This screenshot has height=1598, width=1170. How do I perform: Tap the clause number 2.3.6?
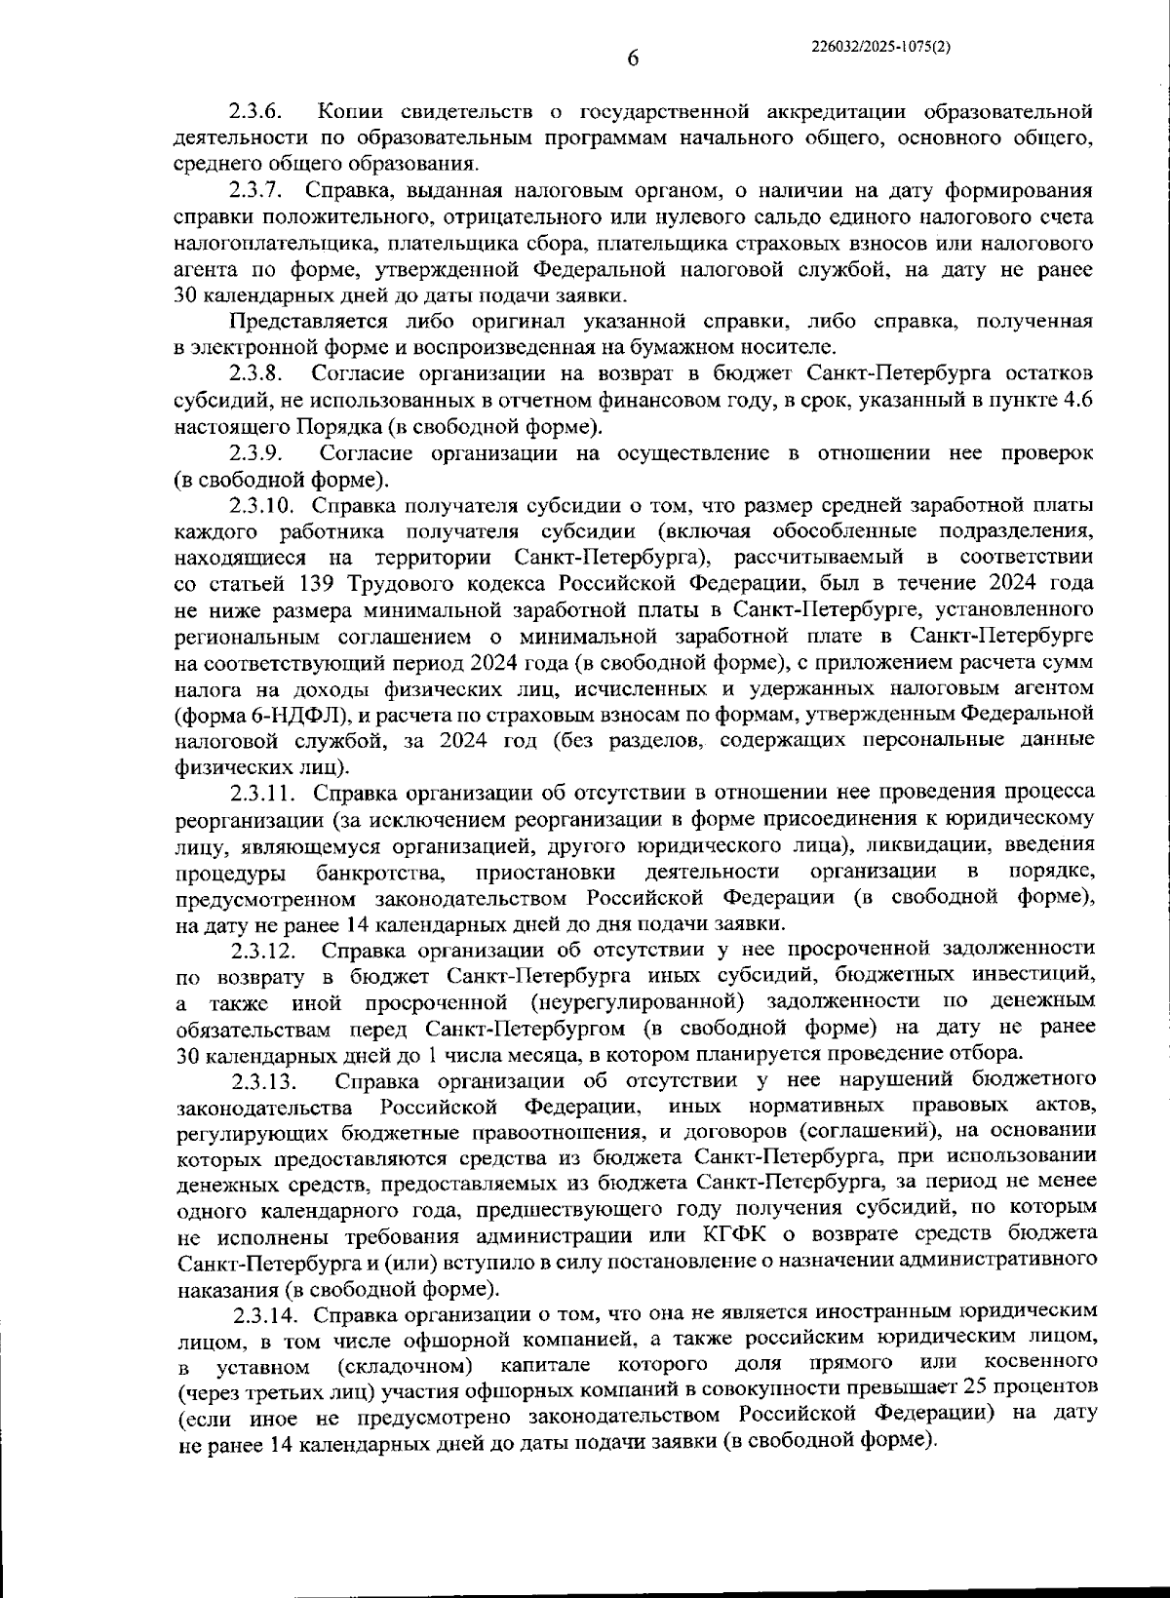coord(255,112)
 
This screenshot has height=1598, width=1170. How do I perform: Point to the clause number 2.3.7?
coord(256,190)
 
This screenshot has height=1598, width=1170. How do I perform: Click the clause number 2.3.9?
coord(256,453)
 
